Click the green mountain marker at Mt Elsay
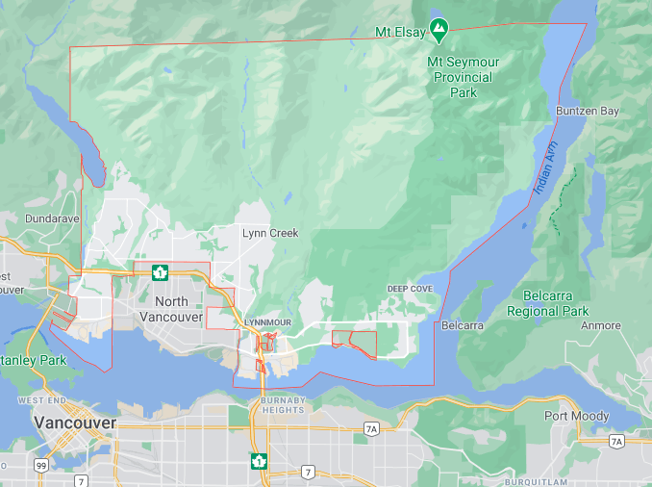click(439, 30)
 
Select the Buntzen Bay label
click(588, 112)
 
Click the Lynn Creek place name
click(269, 233)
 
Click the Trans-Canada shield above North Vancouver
click(161, 272)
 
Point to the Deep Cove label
click(411, 289)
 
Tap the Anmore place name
click(601, 326)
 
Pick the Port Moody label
click(576, 416)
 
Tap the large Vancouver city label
click(75, 423)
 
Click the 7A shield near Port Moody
click(616, 441)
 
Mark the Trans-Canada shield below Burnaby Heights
click(257, 461)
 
